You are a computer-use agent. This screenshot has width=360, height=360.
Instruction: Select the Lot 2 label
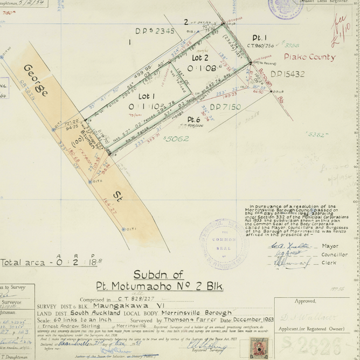(200, 58)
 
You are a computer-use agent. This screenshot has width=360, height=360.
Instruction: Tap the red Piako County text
(309, 57)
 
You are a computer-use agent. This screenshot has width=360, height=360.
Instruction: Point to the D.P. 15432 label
(287, 74)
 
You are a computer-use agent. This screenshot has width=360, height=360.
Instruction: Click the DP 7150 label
(225, 107)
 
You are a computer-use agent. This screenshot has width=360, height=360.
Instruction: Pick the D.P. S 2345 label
(155, 31)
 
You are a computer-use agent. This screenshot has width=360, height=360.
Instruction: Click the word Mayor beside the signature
(330, 246)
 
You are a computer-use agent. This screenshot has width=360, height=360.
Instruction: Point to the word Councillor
(334, 254)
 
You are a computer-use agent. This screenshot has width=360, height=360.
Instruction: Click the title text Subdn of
(158, 273)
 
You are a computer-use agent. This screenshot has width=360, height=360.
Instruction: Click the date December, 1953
(248, 320)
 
